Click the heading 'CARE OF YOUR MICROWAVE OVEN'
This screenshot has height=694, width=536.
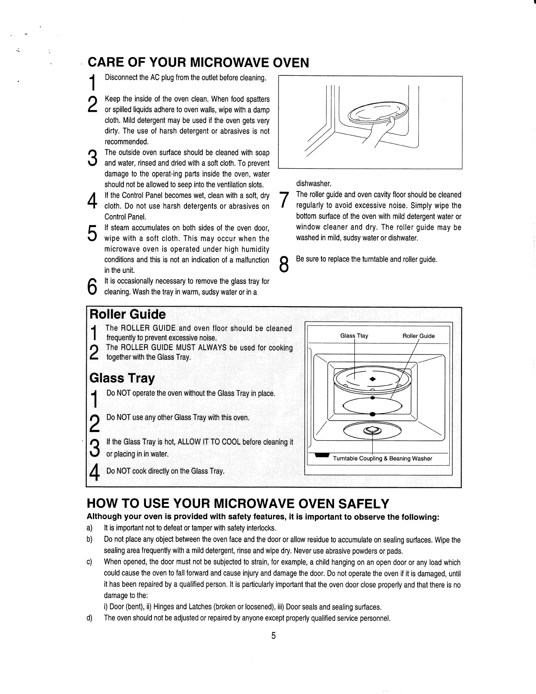point(198,63)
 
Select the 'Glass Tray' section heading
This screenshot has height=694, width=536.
point(122,378)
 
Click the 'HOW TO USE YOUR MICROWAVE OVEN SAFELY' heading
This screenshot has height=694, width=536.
point(238,503)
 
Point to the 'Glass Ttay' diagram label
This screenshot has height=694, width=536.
point(354,336)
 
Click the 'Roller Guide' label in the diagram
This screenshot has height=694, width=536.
point(418,336)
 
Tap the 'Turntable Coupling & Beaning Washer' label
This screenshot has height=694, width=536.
point(382,458)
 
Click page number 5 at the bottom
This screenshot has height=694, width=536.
point(273,636)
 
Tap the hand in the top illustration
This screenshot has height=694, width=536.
point(385,131)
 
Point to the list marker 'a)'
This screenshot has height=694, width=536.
point(89,528)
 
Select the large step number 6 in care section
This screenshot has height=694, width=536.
point(92,286)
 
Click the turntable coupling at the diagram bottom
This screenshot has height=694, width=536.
point(372,431)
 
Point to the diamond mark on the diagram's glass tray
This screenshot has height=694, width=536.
point(372,379)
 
